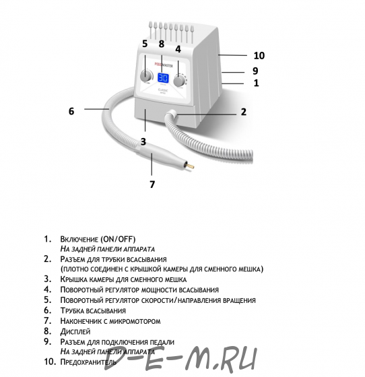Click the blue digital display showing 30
pyautogui.click(x=163, y=78)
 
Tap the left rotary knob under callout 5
pyautogui.click(x=146, y=75)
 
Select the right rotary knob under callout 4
pyautogui.click(x=179, y=81)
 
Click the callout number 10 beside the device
pyautogui.click(x=259, y=55)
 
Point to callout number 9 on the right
pyautogui.click(x=255, y=71)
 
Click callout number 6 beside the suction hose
pyautogui.click(x=71, y=111)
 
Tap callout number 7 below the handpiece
pyautogui.click(x=152, y=184)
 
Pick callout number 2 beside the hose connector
pyautogui.click(x=244, y=112)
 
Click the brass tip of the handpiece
pyautogui.click(x=190, y=166)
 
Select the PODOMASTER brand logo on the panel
pyautogui.click(x=164, y=65)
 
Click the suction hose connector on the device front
pyautogui.click(x=172, y=114)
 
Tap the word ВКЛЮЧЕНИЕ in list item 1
pyautogui.click(x=79, y=240)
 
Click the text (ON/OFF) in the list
pyautogui.click(x=118, y=240)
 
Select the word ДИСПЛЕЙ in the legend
pyautogui.click(x=75, y=331)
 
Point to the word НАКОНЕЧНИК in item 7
pyautogui.click(x=81, y=321)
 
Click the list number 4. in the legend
pyautogui.click(x=47, y=289)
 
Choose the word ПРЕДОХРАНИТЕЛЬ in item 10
pyautogui.click(x=88, y=362)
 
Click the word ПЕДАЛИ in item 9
pyautogui.click(x=162, y=342)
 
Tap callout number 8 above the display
pyautogui.click(x=162, y=44)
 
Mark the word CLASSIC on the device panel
pyautogui.click(x=163, y=90)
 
